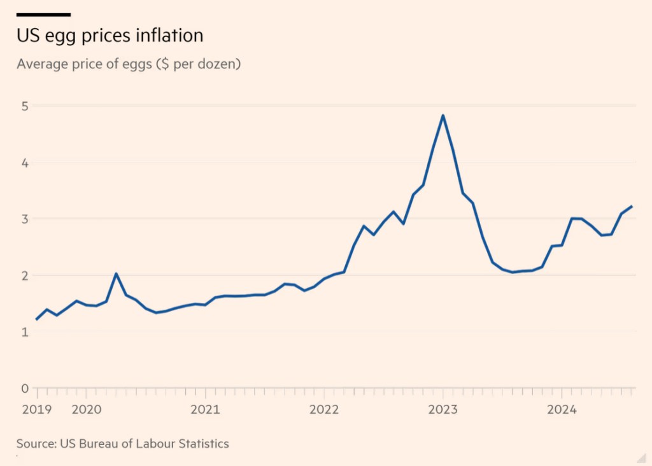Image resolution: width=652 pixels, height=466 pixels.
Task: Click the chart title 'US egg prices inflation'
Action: (110, 35)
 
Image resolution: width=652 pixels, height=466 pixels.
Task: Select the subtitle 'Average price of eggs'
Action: (129, 64)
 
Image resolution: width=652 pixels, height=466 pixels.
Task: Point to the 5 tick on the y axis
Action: (24, 106)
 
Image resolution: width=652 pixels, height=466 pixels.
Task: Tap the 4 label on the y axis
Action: (24, 163)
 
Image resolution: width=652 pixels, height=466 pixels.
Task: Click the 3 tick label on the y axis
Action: (24, 219)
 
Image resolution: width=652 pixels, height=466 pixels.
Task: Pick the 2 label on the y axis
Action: (24, 275)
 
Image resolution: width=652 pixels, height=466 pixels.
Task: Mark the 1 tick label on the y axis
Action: (24, 332)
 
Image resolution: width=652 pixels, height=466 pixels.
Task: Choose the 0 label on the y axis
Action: (24, 388)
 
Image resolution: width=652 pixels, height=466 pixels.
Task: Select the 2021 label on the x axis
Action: (205, 409)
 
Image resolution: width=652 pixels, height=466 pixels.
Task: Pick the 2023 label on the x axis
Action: (443, 409)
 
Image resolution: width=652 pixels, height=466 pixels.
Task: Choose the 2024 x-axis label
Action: (562, 409)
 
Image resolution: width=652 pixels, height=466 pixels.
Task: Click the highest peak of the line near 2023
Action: (443, 115)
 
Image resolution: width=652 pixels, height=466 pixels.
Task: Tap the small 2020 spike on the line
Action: (116, 273)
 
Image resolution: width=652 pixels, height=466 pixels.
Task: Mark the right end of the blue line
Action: (631, 206)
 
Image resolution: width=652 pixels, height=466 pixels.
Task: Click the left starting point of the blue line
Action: (36, 319)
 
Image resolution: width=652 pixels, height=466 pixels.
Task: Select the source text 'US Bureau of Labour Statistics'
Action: (144, 444)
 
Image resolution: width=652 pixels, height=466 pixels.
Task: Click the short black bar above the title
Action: (43, 14)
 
